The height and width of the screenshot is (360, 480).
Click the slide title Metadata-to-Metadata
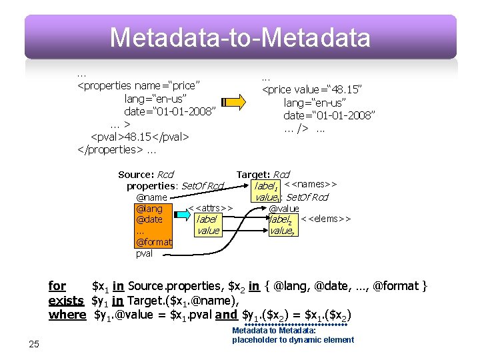(x=240, y=37)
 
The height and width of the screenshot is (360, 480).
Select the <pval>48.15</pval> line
(x=140, y=137)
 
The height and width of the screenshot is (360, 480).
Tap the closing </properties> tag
(x=110, y=149)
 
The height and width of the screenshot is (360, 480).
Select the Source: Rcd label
(x=145, y=175)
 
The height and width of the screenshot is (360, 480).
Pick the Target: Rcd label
(x=263, y=175)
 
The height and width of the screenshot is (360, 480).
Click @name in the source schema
(x=151, y=197)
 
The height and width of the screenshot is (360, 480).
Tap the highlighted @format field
(x=153, y=242)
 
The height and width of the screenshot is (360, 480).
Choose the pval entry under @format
(x=144, y=253)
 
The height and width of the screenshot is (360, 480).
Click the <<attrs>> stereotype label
(x=210, y=209)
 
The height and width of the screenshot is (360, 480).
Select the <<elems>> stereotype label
(x=325, y=219)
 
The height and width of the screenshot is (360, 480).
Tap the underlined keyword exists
(x=67, y=300)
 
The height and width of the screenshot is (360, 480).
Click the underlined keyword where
(x=67, y=314)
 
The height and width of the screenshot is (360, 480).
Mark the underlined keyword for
(x=57, y=286)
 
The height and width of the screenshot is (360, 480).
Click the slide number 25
(x=34, y=344)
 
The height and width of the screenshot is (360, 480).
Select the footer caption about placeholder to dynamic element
(x=293, y=340)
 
